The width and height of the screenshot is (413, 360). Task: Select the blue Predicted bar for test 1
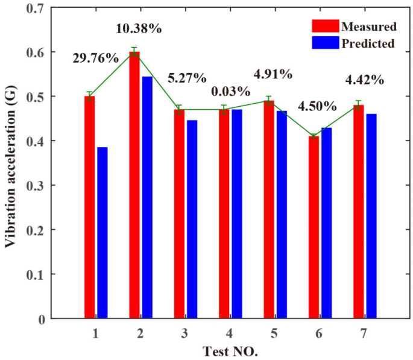102,233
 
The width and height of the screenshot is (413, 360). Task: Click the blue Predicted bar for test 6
326,223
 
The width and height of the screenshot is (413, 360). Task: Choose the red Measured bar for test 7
358,212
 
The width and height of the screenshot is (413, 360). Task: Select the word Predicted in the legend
368,43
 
